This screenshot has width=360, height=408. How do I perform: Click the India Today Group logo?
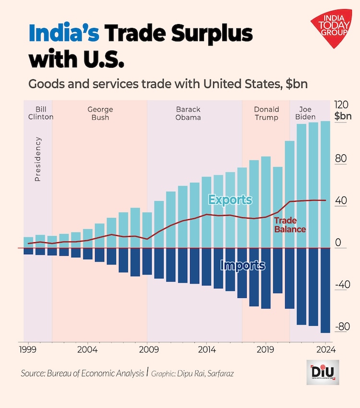(332, 30)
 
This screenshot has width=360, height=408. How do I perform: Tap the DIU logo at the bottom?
(323, 372)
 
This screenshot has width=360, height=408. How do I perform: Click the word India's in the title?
(64, 34)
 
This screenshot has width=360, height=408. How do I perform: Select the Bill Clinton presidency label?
(41, 113)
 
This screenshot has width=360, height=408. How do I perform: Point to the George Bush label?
(100, 113)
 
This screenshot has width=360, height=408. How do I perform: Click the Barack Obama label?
(188, 113)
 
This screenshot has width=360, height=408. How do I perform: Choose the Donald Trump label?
(266, 113)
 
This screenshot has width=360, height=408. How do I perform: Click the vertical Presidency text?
(38, 159)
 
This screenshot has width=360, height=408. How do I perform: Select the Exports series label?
(230, 199)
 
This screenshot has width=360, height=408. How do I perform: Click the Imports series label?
(242, 265)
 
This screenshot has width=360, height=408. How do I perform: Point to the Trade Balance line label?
(289, 225)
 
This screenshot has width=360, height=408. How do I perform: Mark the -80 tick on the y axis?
(342, 327)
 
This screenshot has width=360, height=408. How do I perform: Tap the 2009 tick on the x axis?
(147, 349)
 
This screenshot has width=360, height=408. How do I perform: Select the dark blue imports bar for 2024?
(325, 290)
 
